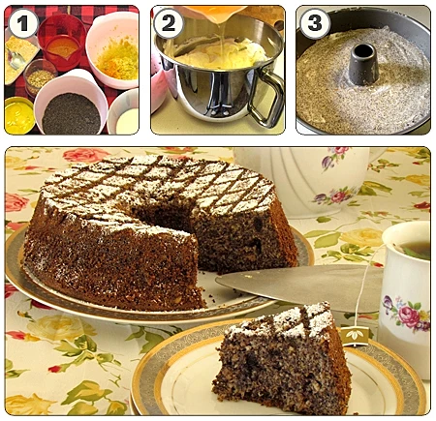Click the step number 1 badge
tap(23, 23)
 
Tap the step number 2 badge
tap(169, 23)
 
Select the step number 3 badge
tap(315, 23)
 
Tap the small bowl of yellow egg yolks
tap(19, 115)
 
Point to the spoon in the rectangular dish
tap(15, 60)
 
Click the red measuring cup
tap(61, 42)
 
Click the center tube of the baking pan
tap(363, 64)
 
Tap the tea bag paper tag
tap(355, 336)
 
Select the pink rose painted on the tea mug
tap(408, 316)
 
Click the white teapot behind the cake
tap(310, 182)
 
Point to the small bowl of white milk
tap(124, 113)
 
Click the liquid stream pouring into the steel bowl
tap(222, 41)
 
